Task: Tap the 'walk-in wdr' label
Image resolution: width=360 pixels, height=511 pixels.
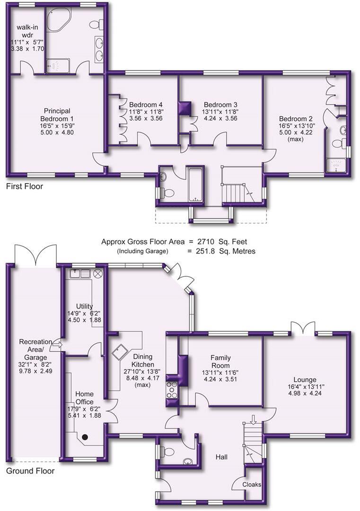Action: point(27,31)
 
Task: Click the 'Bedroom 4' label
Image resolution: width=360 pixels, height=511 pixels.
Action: point(146,105)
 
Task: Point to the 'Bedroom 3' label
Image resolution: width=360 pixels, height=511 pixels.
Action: point(220,105)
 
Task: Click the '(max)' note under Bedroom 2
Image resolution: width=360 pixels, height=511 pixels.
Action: point(296,139)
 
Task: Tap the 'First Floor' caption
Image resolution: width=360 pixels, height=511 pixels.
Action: point(25,186)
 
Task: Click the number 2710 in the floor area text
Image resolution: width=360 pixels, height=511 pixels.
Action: point(206,242)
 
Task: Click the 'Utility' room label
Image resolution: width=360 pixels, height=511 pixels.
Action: point(84,306)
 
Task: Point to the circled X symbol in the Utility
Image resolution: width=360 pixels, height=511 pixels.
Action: point(98,273)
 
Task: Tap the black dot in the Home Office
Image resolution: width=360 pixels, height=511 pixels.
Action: point(85,437)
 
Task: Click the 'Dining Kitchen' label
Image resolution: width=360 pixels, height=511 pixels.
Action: point(143,361)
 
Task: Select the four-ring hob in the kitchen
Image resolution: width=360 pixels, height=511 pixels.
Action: point(172,390)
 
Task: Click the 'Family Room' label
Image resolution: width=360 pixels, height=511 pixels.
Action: point(220,361)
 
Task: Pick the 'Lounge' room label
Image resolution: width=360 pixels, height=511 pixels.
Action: point(305,379)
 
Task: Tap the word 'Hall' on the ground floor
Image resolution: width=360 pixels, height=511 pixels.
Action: point(221,457)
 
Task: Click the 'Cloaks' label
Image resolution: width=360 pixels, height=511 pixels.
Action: point(252,485)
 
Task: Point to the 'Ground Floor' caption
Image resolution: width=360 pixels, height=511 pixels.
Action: point(30,471)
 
